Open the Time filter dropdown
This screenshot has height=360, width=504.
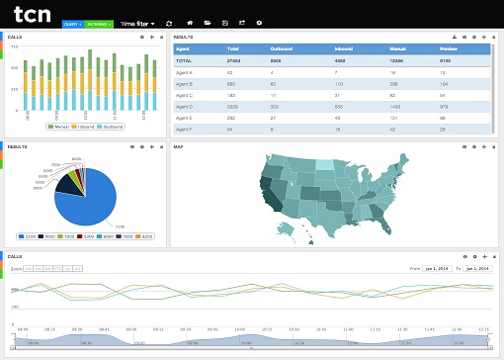(x=136, y=22)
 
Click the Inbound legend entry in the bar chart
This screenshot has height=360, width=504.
(x=85, y=127)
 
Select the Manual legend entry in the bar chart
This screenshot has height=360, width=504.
(x=60, y=127)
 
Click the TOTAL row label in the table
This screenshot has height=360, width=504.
(x=184, y=60)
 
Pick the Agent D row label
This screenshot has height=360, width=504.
(x=184, y=105)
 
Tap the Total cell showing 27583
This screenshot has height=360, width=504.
(x=235, y=60)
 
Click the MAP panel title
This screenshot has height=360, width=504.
(x=179, y=146)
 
